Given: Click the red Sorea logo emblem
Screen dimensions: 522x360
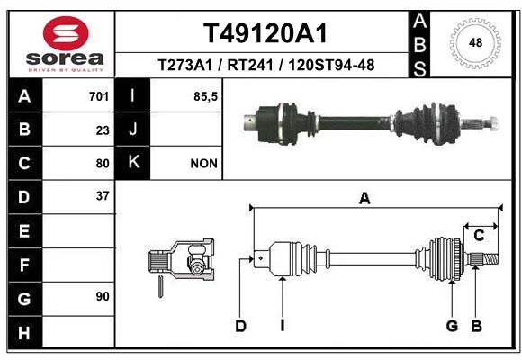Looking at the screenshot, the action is pyautogui.click(x=66, y=33).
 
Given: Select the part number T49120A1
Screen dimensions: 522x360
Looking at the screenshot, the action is pyautogui.click(x=265, y=33).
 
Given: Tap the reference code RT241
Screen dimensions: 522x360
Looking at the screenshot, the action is pyautogui.click(x=250, y=65).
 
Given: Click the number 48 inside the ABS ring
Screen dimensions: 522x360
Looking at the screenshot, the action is pyautogui.click(x=475, y=42).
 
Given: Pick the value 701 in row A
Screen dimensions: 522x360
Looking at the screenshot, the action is pyautogui.click(x=99, y=96).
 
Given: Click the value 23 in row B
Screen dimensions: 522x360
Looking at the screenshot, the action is pyautogui.click(x=103, y=130).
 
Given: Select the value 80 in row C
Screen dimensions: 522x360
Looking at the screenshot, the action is pyautogui.click(x=103, y=164).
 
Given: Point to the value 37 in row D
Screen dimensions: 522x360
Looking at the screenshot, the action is pyautogui.click(x=103, y=196).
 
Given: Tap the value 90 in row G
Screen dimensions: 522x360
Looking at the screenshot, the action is pyautogui.click(x=103, y=296).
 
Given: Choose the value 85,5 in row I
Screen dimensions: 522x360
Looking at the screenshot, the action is pyautogui.click(x=205, y=97).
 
